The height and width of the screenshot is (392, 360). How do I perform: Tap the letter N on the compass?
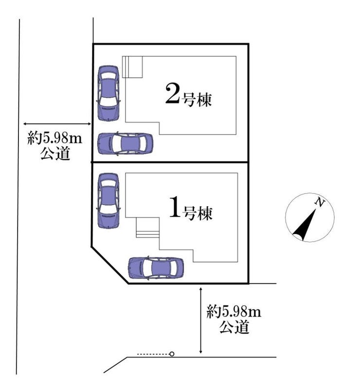(319, 202)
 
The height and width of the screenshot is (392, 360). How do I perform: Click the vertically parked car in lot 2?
(108, 93)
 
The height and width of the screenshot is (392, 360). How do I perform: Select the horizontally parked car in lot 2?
(125, 144)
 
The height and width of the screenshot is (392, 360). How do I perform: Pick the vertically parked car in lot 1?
(108, 201)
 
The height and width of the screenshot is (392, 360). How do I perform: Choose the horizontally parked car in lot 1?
(156, 268)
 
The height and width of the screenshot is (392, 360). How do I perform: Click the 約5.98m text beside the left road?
(55, 138)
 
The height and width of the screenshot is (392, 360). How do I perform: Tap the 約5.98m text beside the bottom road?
(234, 312)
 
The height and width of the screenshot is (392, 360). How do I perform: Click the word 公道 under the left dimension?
(55, 153)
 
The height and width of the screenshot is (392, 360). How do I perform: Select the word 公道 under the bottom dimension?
(234, 327)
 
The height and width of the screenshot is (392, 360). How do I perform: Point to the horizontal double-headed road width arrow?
(57, 124)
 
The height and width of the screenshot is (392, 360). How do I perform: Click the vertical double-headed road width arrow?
(201, 320)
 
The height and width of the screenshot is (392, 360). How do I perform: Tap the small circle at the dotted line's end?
(172, 354)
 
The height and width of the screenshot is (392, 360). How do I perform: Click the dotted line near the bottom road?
(153, 354)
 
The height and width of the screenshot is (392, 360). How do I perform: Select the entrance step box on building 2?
(132, 67)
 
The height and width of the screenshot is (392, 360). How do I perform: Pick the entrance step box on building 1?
(147, 227)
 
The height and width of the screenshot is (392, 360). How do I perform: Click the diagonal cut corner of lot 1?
(110, 265)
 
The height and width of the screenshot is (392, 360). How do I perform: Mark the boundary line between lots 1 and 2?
(170, 162)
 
